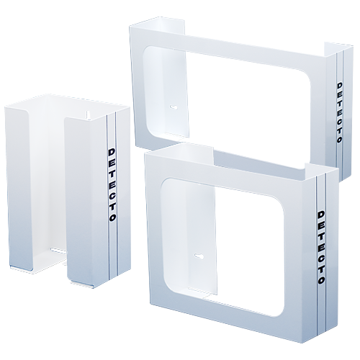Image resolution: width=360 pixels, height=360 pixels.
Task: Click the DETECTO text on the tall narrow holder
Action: pyautogui.click(x=112, y=185)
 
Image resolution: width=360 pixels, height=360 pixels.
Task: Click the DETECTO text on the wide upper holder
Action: pyautogui.click(x=339, y=113)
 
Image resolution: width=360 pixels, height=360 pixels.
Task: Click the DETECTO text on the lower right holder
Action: pyautogui.click(x=321, y=248)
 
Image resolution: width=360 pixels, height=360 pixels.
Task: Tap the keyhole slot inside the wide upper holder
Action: pyautogui.click(x=174, y=107)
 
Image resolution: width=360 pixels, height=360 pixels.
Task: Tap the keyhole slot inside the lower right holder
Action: pyautogui.click(x=199, y=256)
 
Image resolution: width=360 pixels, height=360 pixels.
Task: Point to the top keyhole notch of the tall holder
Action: pyautogui.click(x=89, y=114)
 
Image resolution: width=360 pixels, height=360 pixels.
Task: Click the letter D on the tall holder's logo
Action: pyautogui.click(x=112, y=152)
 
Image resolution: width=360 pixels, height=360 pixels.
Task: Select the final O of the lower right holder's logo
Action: pyautogui.click(x=322, y=280)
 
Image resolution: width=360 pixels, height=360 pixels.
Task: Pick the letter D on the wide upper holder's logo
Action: pyautogui.click(x=339, y=86)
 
